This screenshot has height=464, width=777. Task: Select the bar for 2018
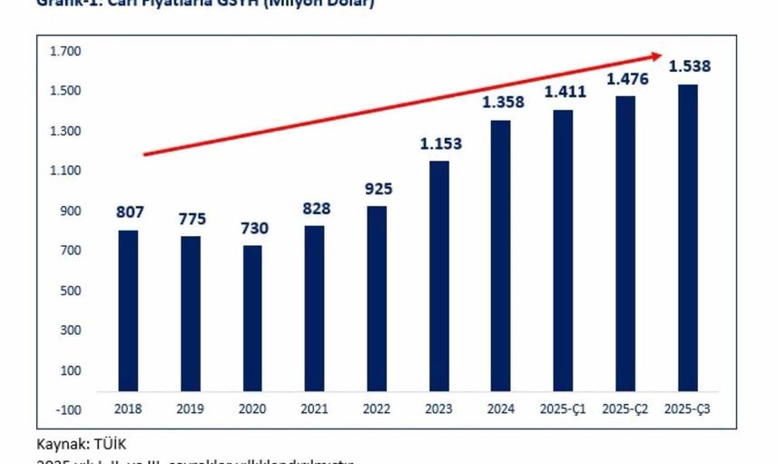128,311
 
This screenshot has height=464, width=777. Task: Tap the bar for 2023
439,276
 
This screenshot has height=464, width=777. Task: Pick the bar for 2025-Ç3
687,238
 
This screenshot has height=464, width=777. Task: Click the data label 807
129,212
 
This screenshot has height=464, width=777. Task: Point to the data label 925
377,189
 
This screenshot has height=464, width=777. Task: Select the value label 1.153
440,143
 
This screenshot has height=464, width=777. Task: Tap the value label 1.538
689,66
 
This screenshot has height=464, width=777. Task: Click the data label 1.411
565,92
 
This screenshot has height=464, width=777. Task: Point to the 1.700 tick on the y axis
66,51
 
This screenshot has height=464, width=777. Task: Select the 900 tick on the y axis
71,211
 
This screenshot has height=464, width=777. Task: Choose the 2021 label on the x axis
315,410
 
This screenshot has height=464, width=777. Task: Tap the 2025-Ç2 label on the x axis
626,410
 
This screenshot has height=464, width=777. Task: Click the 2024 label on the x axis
502,410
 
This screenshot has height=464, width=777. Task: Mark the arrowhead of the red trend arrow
660,55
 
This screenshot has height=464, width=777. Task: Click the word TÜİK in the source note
109,444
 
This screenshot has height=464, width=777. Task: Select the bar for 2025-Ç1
564,251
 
